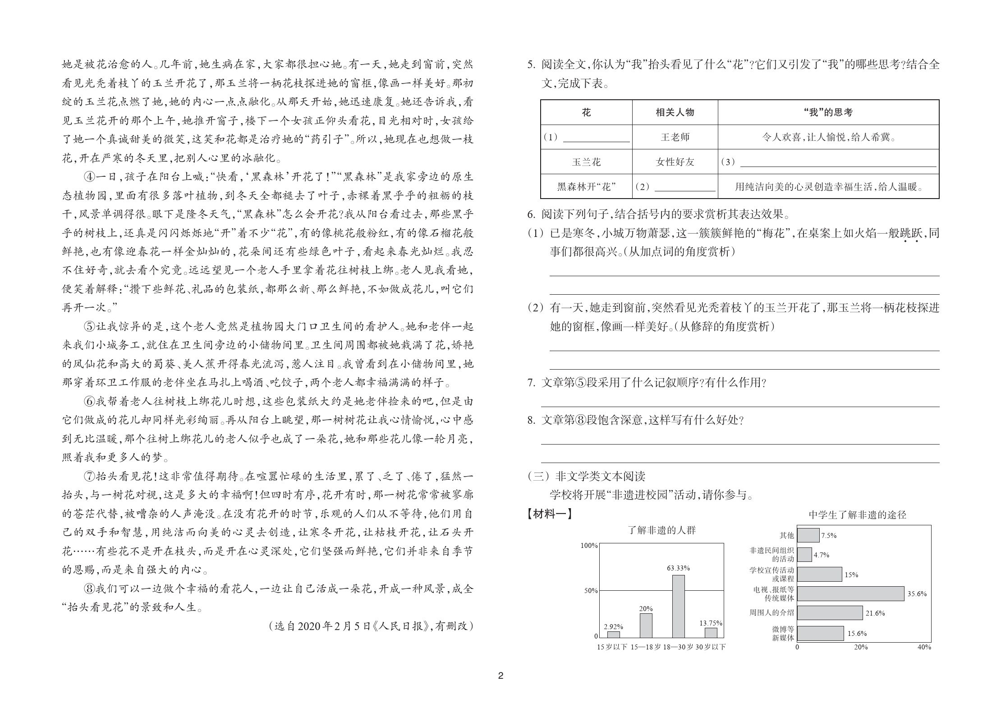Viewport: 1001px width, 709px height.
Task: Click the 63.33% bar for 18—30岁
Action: click(678, 606)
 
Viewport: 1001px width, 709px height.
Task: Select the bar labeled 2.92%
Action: click(613, 634)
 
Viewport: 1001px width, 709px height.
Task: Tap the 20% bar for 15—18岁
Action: click(646, 625)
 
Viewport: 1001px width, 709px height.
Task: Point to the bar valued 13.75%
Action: click(711, 632)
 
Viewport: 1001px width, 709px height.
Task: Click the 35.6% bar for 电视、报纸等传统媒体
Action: click(850, 593)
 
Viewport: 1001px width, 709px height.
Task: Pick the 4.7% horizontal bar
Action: click(804, 555)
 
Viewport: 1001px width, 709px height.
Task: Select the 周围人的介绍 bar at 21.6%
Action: click(830, 613)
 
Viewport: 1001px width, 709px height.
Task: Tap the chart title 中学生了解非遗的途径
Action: click(857, 515)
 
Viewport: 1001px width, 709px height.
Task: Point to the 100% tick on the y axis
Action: click(589, 546)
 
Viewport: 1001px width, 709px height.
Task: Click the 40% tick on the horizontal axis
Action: click(924, 647)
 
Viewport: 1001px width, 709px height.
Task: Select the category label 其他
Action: click(786, 535)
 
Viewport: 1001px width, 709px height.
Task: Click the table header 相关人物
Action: click(675, 112)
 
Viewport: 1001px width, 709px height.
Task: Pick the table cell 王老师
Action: click(675, 137)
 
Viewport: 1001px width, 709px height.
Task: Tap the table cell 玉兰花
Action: click(586, 162)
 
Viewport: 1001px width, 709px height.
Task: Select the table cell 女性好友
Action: click(675, 162)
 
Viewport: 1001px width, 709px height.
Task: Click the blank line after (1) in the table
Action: click(596, 138)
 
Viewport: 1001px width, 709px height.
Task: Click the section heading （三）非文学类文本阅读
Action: click(586, 476)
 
